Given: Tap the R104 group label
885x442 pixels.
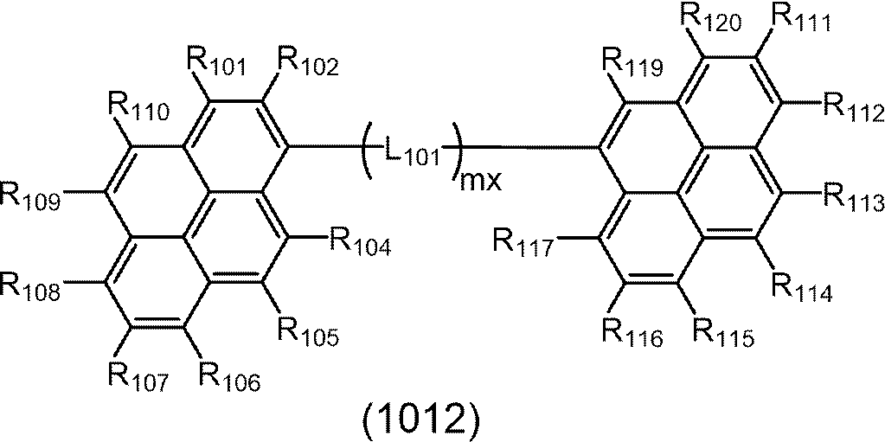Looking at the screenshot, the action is coord(359,244).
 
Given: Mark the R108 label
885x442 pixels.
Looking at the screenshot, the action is coord(31,285).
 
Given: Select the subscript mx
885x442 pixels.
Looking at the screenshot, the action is coord(478,182).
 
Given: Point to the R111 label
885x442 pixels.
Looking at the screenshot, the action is coord(799,19).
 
